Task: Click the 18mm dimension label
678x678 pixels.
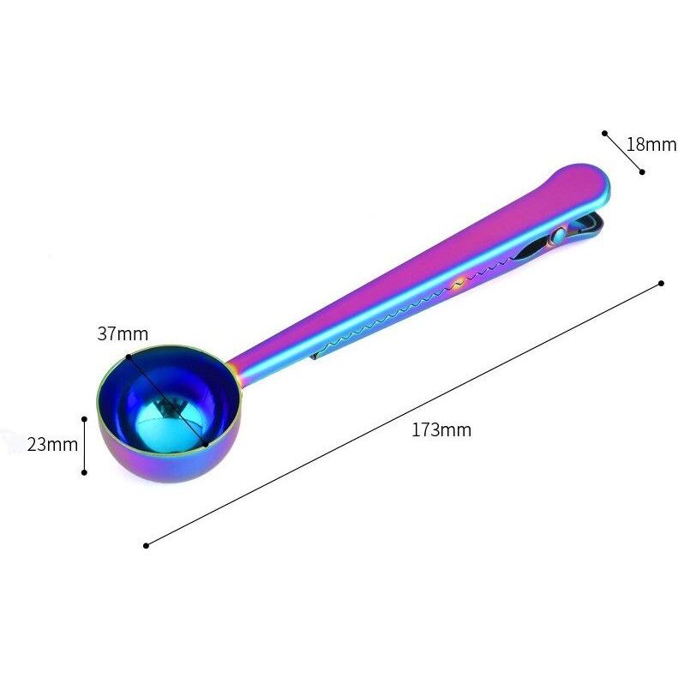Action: tap(651, 143)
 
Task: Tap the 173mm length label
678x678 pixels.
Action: tap(441, 429)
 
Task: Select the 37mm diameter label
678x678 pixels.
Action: tap(122, 333)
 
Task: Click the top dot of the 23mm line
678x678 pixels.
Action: tap(84, 419)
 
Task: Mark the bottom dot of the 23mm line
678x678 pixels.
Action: tap(84, 471)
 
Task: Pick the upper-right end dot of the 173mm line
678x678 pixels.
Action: tap(661, 283)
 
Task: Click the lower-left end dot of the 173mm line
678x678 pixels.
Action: tap(146, 544)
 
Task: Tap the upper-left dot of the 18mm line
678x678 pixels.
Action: tap(604, 133)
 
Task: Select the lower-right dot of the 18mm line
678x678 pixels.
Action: tap(642, 171)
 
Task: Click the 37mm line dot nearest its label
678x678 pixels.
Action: tap(128, 356)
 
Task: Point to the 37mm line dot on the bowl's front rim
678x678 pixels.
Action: tap(207, 445)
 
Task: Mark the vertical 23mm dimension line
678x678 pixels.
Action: tap(84, 446)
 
